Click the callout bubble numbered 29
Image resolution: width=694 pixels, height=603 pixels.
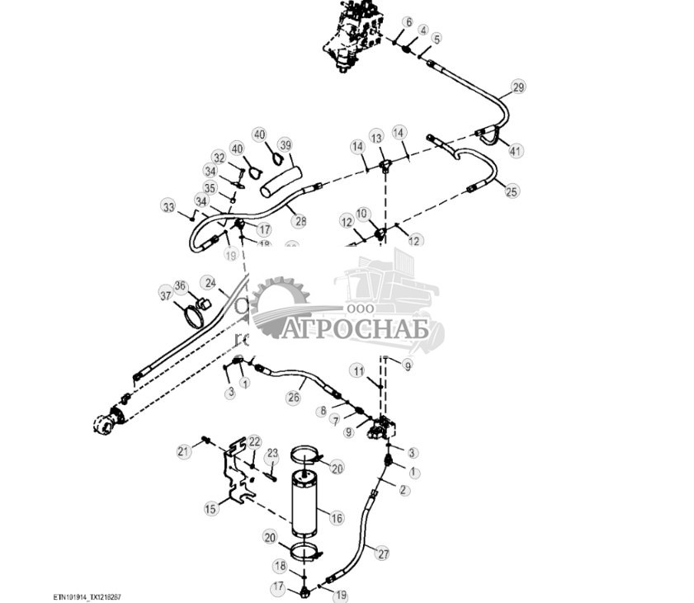(x=518, y=87)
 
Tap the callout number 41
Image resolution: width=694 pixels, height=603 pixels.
(x=516, y=151)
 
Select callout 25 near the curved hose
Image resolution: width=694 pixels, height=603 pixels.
(x=512, y=191)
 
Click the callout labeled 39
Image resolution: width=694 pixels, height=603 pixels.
(x=285, y=145)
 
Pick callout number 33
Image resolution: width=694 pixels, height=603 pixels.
(x=169, y=207)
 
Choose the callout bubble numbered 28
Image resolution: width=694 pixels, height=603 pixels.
(x=300, y=220)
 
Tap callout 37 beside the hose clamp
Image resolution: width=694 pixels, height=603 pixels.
(x=166, y=295)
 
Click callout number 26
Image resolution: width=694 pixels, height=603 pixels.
(x=293, y=398)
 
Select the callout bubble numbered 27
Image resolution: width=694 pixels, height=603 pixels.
(x=383, y=554)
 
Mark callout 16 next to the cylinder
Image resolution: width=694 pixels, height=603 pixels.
(x=336, y=518)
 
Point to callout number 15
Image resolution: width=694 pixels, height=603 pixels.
(x=211, y=508)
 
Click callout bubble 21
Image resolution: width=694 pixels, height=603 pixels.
(x=182, y=450)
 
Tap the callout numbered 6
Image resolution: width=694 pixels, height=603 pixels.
(x=408, y=21)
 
